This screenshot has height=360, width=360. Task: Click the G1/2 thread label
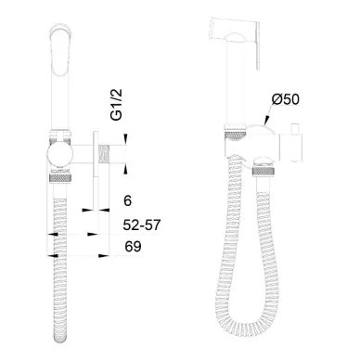point(117,105)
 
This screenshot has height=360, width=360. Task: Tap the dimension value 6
point(127,200)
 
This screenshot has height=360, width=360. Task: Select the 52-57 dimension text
point(142,225)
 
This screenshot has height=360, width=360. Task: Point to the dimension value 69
point(133,247)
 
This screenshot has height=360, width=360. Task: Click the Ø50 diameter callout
point(286,99)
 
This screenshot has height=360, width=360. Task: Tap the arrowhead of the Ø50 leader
point(266,122)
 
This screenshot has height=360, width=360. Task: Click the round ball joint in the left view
point(59,155)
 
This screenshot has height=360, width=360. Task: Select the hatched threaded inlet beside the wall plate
point(104,154)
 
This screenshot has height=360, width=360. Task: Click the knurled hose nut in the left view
point(61,178)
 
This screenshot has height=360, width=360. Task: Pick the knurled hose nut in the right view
point(264,171)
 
